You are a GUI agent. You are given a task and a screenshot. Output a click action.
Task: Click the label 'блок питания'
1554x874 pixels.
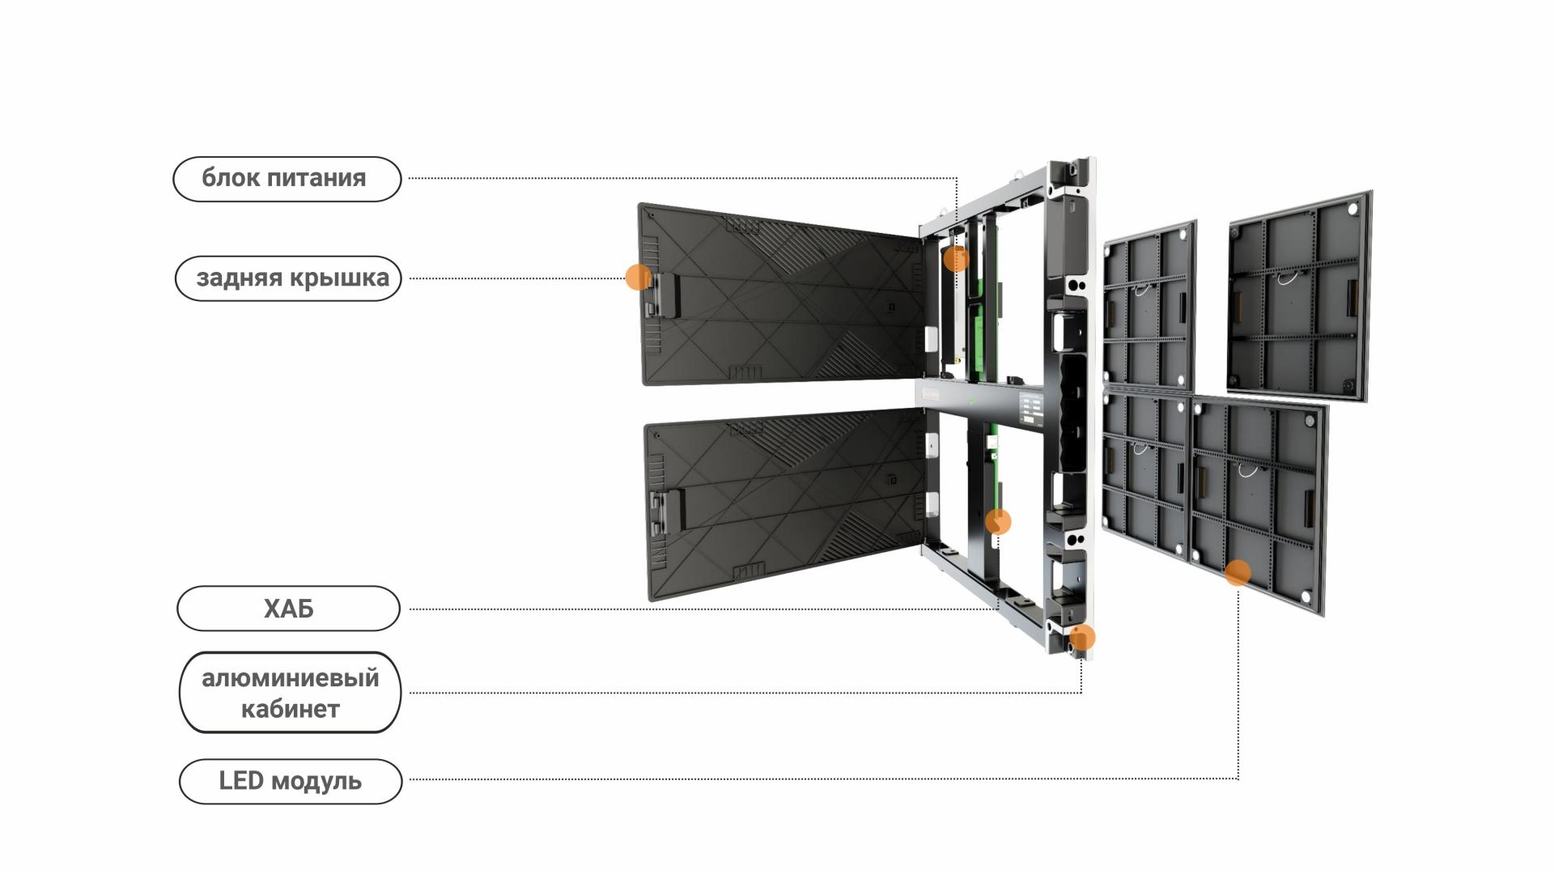tap(287, 179)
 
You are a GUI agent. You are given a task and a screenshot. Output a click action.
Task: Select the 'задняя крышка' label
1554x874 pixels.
tap(288, 278)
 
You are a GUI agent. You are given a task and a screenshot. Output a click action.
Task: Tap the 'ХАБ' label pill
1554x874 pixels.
tap(288, 609)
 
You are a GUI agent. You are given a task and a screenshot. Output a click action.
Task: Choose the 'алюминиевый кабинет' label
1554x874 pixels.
tap(290, 693)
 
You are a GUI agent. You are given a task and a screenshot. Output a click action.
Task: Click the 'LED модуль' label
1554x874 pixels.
tap(290, 781)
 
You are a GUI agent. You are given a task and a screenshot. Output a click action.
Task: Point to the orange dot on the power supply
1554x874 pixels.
tap(956, 259)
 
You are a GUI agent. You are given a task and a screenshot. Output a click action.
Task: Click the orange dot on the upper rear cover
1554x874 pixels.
tap(638, 277)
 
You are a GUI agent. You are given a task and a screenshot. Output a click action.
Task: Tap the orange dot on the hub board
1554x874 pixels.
tap(998, 522)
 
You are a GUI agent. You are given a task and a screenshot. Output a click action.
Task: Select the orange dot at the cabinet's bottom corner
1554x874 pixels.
tap(1082, 638)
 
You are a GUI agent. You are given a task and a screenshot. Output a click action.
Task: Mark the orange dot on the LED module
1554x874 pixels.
tap(1238, 573)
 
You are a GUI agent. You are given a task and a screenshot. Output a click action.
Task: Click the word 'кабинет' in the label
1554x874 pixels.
tap(290, 709)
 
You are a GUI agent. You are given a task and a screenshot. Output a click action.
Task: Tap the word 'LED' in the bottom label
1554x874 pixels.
tap(240, 781)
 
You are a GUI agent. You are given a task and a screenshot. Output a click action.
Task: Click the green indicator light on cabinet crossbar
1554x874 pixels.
tap(970, 401)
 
